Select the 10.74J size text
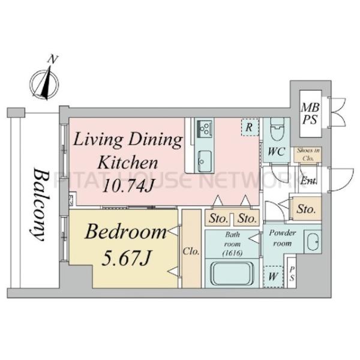click(x=128, y=185)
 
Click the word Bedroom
click(x=126, y=232)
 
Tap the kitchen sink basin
click(x=204, y=161)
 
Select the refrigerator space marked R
click(x=250, y=127)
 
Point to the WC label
click(x=277, y=152)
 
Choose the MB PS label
click(x=310, y=113)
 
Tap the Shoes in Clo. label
click(x=308, y=154)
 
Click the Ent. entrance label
click(x=308, y=181)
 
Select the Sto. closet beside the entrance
click(x=306, y=209)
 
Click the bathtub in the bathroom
click(x=232, y=274)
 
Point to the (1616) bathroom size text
click(x=233, y=253)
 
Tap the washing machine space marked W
click(x=273, y=277)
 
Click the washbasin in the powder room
click(x=313, y=242)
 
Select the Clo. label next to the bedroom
click(x=191, y=251)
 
